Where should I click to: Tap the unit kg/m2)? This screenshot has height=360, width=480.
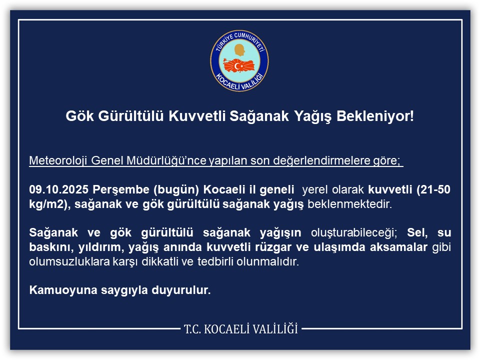click(x=46, y=204)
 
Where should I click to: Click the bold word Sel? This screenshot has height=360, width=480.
click(x=417, y=233)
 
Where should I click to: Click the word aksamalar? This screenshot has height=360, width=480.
click(x=397, y=247)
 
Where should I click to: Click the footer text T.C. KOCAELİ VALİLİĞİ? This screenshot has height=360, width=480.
click(x=240, y=329)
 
